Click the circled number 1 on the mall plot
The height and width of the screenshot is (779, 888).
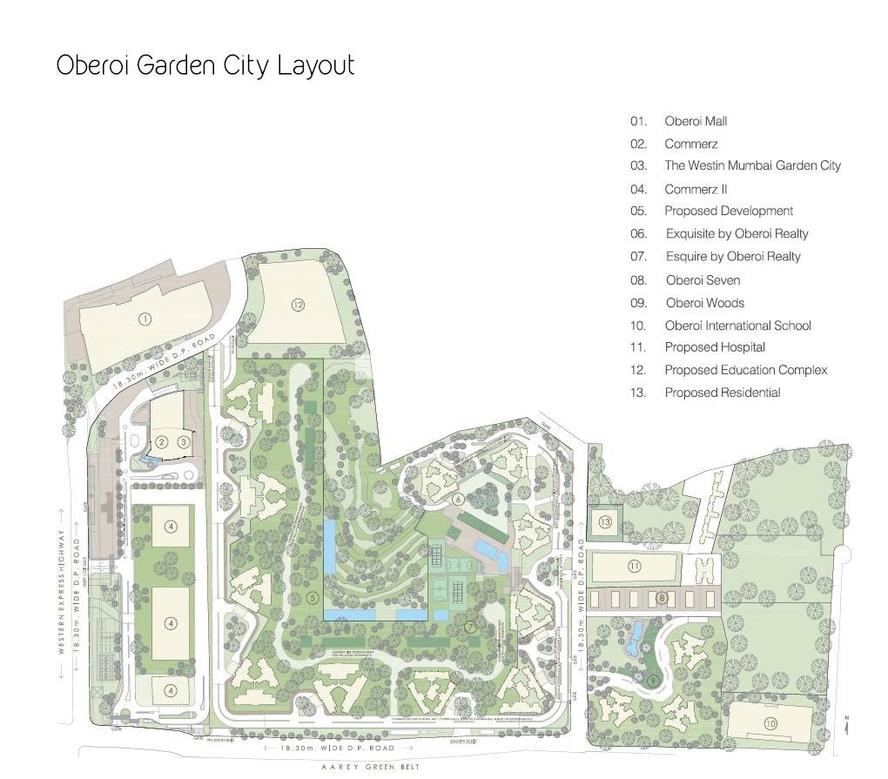pos(145,319)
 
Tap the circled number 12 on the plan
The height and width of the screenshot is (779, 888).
pos(298,305)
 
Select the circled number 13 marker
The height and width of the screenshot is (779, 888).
pos(605,521)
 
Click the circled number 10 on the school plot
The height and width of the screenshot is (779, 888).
pos(770,723)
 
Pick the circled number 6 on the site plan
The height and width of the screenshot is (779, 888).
pos(458,499)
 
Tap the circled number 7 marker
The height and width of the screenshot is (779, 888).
pos(469,626)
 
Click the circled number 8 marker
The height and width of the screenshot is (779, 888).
pos(662,597)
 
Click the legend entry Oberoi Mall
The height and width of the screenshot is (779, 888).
pos(695,121)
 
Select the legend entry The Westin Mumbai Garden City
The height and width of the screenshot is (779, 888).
pos(752,165)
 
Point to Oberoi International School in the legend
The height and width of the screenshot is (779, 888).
pos(737,326)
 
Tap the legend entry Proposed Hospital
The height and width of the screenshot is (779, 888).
pos(715,347)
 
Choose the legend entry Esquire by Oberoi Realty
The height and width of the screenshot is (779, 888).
pos(732,256)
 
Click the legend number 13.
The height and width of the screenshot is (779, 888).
pos(638,393)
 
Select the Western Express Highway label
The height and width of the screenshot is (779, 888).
pos(62,592)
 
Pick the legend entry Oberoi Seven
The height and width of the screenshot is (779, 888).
pos(703,280)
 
